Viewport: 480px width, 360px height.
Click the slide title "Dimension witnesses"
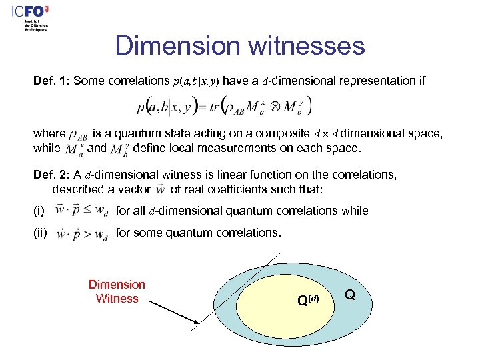(240, 46)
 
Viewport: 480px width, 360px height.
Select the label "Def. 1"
(51, 81)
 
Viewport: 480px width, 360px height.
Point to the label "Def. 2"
(51, 175)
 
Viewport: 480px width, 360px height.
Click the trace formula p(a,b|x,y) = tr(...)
(224, 107)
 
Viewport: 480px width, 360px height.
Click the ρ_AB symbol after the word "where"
(79, 135)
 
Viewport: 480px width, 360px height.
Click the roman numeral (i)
(39, 211)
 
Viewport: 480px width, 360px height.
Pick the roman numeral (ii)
(41, 233)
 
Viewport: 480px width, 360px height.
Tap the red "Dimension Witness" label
(117, 291)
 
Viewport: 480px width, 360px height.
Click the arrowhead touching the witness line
(194, 324)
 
